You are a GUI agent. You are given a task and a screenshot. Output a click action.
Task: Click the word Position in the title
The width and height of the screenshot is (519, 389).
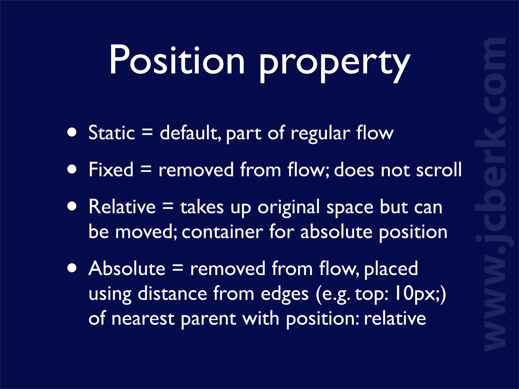pos(177,60)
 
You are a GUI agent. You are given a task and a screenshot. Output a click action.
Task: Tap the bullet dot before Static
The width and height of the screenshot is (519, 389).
pos(72,132)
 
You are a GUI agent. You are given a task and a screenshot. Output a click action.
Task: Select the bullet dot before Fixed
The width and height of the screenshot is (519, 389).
pos(72,169)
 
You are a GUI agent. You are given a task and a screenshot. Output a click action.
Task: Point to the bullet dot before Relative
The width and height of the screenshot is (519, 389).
pos(72,206)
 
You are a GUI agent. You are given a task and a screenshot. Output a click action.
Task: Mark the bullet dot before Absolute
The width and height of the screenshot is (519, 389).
pos(72,268)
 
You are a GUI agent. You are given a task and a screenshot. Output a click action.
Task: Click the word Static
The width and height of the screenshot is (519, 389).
pos(112,133)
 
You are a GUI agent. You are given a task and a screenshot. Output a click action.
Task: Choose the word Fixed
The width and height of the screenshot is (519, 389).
pos(111,170)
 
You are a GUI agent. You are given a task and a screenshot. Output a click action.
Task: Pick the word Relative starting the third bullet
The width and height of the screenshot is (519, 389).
pos(122,207)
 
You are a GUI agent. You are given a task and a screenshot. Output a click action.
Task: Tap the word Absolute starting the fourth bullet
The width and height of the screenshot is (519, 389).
pos(127,268)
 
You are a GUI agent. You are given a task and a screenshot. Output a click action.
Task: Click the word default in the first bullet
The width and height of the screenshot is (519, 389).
pos(189,133)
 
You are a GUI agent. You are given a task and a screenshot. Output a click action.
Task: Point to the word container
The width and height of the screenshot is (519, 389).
pos(223,232)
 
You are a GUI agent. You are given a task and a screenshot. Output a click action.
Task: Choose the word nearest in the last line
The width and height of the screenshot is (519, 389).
pos(143,319)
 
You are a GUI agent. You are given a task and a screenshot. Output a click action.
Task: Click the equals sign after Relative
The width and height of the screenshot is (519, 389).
pos(168,207)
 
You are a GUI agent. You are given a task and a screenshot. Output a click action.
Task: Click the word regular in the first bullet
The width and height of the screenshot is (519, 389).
pos(320,133)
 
